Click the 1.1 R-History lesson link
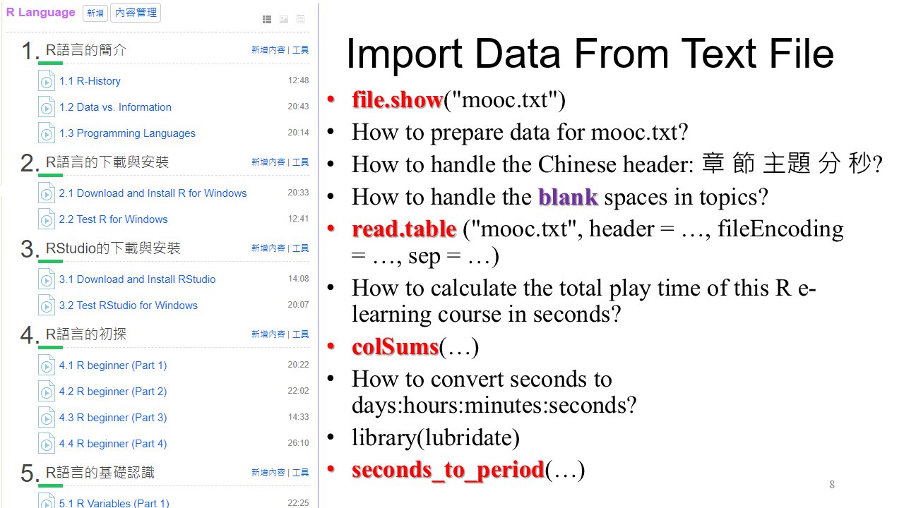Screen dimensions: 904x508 click(x=90, y=81)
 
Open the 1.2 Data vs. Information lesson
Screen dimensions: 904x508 click(x=115, y=107)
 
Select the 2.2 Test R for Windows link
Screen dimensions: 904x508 click(x=113, y=219)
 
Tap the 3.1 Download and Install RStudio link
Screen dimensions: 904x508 click(x=137, y=279)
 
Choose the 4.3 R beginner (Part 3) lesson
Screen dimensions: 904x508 click(x=113, y=418)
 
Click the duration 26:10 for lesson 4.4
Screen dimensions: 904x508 click(x=298, y=443)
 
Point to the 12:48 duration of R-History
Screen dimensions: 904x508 click(x=298, y=80)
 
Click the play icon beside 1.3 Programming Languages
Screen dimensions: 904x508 click(x=47, y=133)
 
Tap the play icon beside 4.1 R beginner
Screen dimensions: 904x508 click(x=47, y=365)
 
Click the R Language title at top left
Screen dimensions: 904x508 click(x=41, y=13)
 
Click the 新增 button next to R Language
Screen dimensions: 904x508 click(x=95, y=13)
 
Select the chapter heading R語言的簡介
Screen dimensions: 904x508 click(x=86, y=50)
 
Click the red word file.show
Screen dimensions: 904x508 click(x=398, y=99)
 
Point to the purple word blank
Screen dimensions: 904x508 click(x=568, y=197)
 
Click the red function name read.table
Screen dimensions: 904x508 click(x=404, y=229)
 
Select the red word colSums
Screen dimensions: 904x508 click(x=395, y=347)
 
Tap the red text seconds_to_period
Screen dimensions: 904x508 click(x=448, y=470)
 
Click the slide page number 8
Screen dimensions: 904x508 click(x=832, y=485)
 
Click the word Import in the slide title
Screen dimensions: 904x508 click(x=405, y=54)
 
